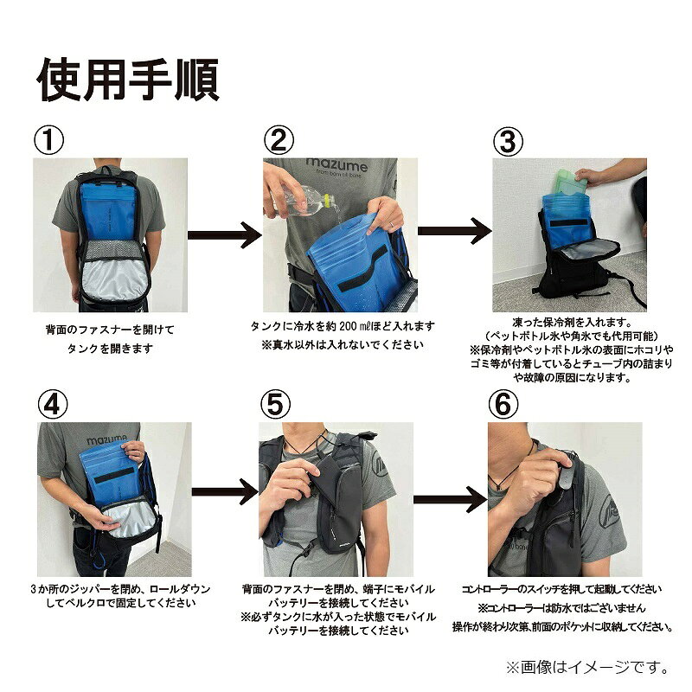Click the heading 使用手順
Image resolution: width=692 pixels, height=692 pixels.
point(127,80)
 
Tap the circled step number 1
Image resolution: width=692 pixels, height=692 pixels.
point(49,140)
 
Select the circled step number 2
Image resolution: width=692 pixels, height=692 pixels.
point(279,140)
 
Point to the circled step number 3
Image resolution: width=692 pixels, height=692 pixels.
point(508,141)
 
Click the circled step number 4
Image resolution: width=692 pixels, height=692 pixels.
point(53,404)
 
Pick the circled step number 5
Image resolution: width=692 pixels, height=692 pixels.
point(275,404)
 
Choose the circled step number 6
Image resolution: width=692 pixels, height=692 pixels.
point(503,404)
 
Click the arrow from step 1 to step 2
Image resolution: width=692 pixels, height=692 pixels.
point(225,234)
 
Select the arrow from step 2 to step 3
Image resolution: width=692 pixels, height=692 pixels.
point(455,231)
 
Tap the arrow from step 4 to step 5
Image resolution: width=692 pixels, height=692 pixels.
point(225,491)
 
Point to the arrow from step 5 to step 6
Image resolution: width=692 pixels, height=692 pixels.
point(450,499)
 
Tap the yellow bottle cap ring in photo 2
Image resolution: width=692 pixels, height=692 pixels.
point(327,201)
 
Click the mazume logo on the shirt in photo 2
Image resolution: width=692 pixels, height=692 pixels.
point(336,166)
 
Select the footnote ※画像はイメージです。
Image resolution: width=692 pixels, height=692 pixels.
point(588,667)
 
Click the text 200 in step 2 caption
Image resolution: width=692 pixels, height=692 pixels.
point(349,326)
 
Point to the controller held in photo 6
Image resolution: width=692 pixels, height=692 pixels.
point(567,470)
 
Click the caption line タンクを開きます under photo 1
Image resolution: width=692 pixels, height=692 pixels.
point(110,349)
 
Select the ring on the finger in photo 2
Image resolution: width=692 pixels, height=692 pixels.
point(391,225)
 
